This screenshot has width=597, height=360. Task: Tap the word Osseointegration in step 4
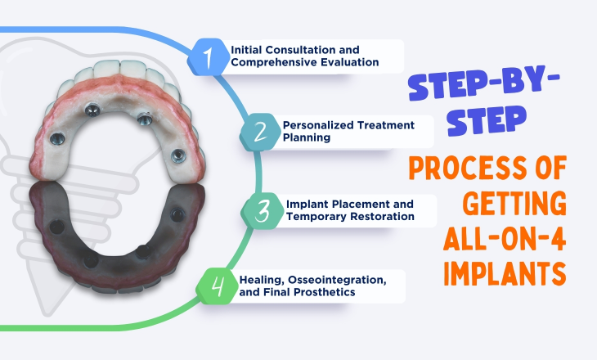click(x=317, y=280)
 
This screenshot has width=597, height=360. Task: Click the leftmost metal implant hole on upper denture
click(x=58, y=137)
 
